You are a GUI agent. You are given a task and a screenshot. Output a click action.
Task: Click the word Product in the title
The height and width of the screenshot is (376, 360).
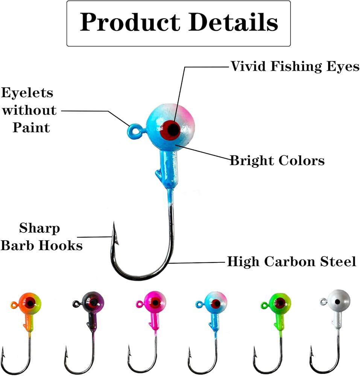click(x=130, y=23)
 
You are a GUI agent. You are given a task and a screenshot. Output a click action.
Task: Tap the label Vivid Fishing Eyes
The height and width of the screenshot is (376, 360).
click(x=295, y=66)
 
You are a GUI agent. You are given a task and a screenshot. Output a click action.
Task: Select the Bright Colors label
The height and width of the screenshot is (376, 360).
click(x=277, y=161)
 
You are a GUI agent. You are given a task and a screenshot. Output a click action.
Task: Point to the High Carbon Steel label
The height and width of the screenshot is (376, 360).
click(x=292, y=261)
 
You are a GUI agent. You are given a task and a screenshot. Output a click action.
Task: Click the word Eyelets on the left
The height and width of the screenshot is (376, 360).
click(x=27, y=93)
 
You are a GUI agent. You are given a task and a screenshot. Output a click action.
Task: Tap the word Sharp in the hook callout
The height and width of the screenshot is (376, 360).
click(x=39, y=228)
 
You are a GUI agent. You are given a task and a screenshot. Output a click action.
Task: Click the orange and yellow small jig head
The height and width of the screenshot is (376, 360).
click(x=30, y=303)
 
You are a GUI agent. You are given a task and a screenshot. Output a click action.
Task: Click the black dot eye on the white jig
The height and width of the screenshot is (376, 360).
click(x=337, y=302)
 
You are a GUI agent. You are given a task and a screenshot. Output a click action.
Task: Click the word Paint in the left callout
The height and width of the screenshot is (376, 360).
click(x=32, y=127)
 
